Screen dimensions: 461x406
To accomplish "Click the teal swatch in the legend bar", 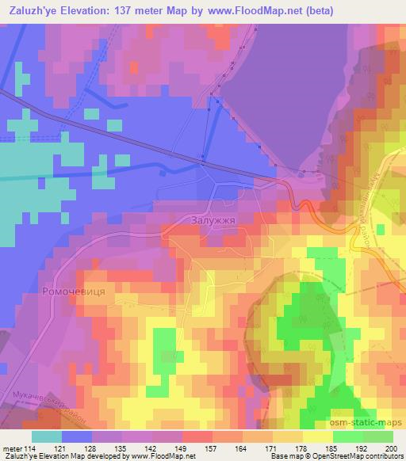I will pyautogui.click(x=47, y=436).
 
